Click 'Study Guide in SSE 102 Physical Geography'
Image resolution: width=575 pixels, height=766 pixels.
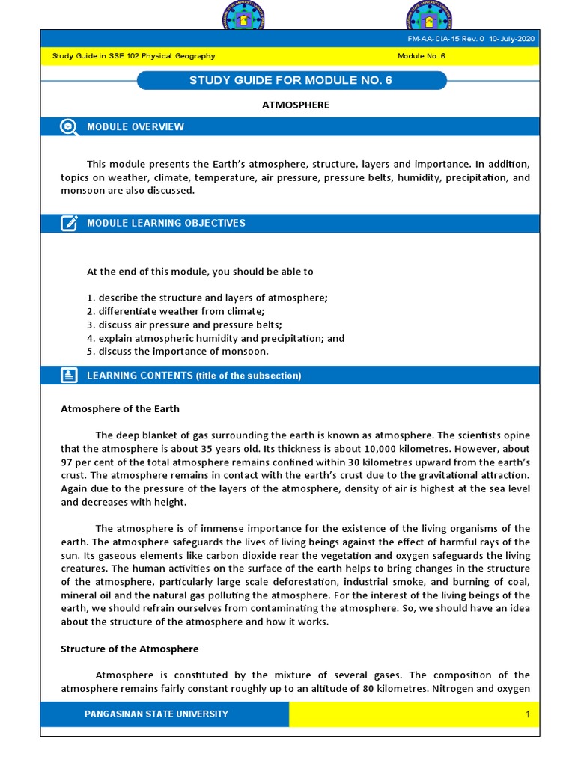133,56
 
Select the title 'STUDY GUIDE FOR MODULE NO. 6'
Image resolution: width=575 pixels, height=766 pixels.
290,80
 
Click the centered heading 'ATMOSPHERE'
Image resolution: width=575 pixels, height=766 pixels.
295,105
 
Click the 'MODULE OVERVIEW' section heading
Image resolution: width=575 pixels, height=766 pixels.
136,126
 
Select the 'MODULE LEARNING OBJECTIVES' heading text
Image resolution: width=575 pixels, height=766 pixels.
166,223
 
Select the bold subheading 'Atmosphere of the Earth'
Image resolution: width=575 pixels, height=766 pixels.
120,409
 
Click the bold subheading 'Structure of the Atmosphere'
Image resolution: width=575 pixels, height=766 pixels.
130,649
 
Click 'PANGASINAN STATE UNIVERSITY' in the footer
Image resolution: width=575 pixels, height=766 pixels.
156,714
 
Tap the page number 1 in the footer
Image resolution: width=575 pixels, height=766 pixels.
527,715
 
